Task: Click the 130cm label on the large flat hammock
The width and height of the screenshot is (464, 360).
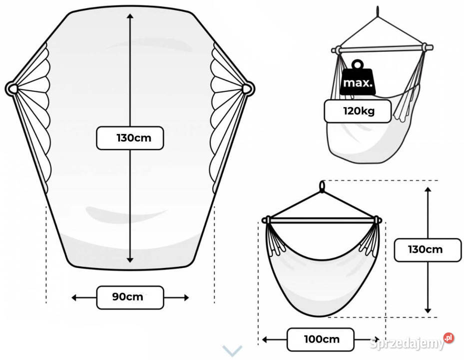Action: click(130, 137)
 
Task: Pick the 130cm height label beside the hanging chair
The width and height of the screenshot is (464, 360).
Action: click(427, 249)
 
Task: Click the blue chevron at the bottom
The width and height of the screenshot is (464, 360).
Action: click(233, 350)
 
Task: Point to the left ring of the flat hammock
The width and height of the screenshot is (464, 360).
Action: click(11, 89)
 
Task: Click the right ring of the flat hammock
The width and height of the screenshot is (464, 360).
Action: click(248, 89)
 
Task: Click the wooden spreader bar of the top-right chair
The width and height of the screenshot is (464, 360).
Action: click(382, 48)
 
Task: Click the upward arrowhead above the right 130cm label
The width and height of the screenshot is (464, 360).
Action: click(428, 190)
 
